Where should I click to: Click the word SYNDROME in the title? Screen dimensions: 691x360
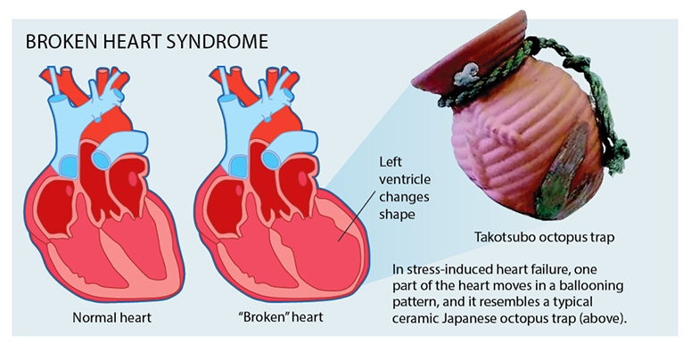click(218, 41)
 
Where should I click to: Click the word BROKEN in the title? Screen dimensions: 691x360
click(62, 41)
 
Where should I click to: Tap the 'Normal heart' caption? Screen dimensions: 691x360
click(112, 317)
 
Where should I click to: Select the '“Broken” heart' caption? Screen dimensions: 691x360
click(284, 317)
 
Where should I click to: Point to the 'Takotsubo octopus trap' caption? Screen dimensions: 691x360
click(544, 238)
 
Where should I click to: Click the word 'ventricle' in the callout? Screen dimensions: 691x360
click(405, 179)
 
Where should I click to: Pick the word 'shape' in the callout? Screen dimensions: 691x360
click(397, 215)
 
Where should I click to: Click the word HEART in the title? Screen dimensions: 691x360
click(132, 41)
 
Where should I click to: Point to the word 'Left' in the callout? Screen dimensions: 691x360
click(391, 162)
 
